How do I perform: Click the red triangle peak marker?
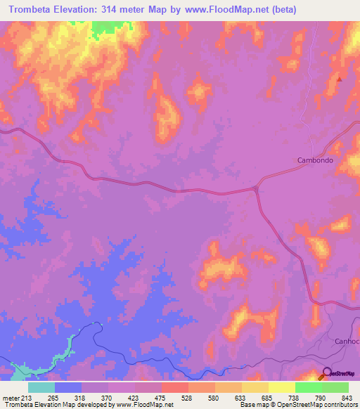[x=340, y=79]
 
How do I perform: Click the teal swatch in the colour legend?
[x=41, y=387]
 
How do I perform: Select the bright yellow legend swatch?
[x=282, y=387]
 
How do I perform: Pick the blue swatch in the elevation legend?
[x=68, y=387]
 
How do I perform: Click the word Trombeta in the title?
[x=34, y=10]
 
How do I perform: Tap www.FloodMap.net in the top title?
[x=221, y=10]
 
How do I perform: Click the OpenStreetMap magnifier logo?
[x=327, y=374]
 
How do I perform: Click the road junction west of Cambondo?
[x=256, y=188]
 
